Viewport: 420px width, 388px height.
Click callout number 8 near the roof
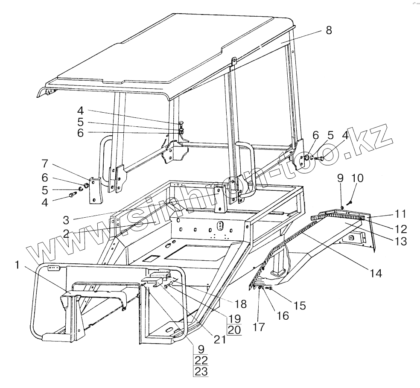(x=328, y=30)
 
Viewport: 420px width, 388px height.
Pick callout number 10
(x=357, y=178)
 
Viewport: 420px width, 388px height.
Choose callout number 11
(x=400, y=213)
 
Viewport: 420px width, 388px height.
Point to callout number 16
(x=282, y=315)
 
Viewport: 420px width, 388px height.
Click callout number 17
(x=259, y=327)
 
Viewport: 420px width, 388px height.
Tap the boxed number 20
(x=233, y=330)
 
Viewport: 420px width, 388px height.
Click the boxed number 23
(x=201, y=371)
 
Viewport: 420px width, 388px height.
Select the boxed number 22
(x=201, y=360)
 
